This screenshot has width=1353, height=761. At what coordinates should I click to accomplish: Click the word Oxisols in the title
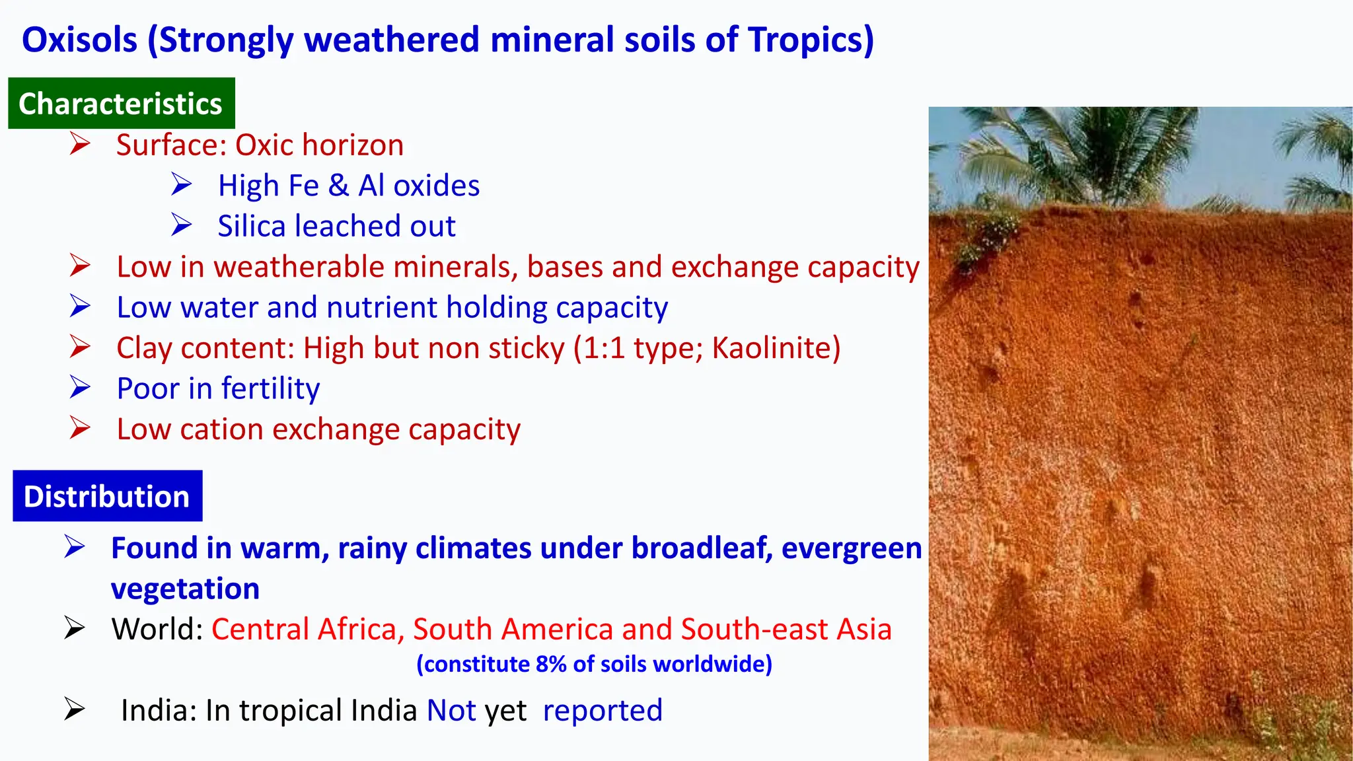tap(79, 40)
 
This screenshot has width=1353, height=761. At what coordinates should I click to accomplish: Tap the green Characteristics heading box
tap(121, 104)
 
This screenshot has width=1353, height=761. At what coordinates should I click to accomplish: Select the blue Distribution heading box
tap(107, 496)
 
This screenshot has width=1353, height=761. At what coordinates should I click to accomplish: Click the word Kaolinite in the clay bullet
tap(776, 348)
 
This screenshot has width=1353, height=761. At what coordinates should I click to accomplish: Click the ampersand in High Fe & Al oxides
tap(338, 186)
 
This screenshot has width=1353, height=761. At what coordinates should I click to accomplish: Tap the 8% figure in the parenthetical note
tap(551, 664)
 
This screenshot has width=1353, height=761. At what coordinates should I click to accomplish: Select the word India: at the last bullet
tap(159, 711)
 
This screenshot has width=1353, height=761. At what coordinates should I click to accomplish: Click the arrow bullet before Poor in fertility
tap(80, 388)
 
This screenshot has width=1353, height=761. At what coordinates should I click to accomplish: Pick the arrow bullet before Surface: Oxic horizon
tap(80, 144)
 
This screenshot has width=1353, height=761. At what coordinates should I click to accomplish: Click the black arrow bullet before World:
tap(75, 628)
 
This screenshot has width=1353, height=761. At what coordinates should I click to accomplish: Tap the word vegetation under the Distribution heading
tap(185, 589)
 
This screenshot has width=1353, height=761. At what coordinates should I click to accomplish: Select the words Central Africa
tap(307, 630)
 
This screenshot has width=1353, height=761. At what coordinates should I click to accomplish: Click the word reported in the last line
tap(603, 711)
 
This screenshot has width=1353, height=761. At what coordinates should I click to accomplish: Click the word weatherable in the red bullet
tap(299, 268)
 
